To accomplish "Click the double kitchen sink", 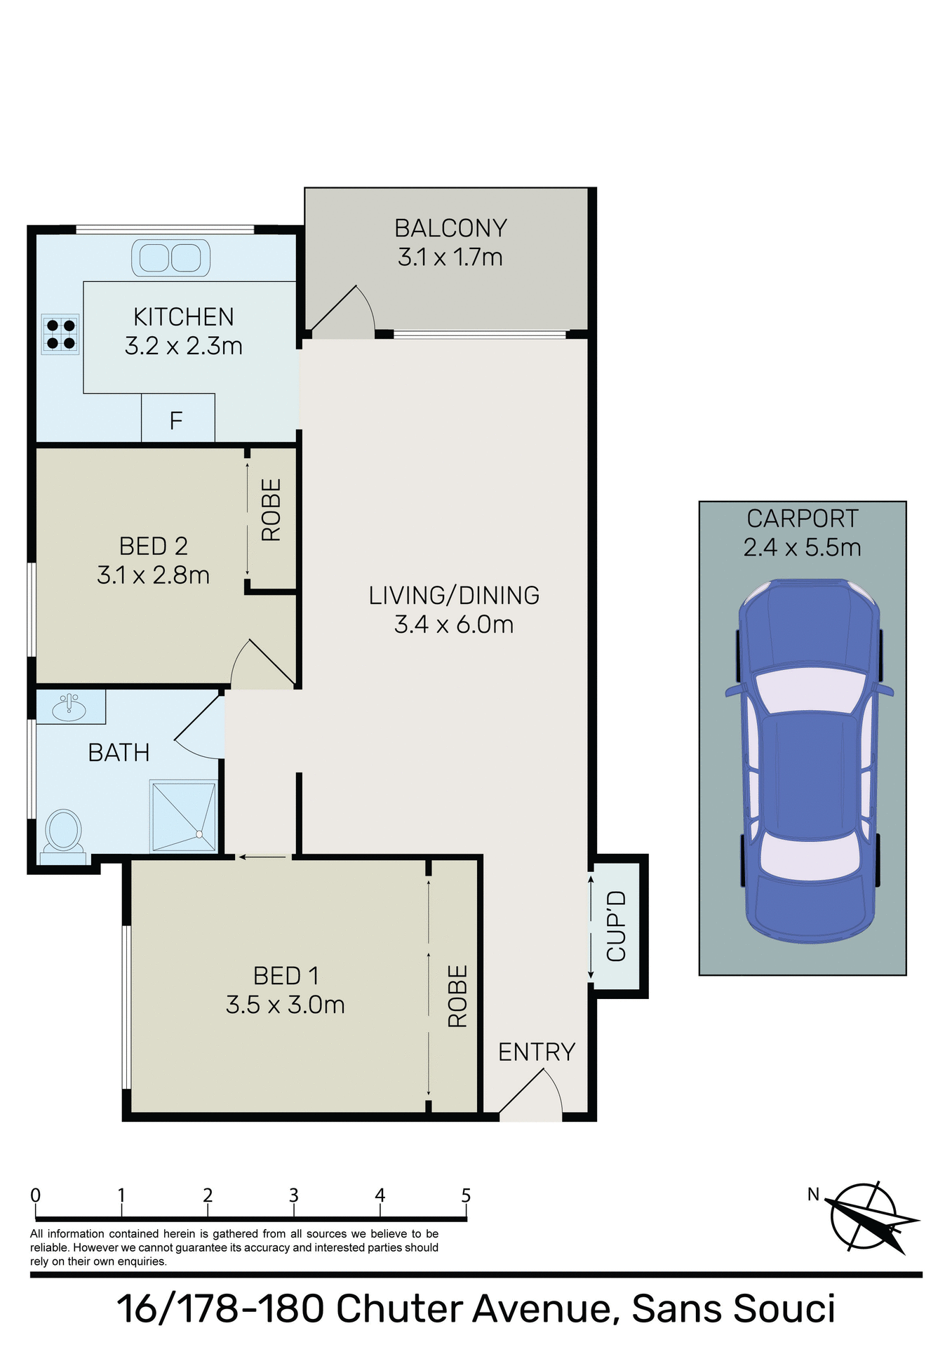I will (x=171, y=257).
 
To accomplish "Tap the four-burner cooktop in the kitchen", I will (x=60, y=334).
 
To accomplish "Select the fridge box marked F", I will (x=177, y=419).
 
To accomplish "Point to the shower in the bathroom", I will (x=183, y=815).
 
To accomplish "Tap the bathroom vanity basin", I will (x=69, y=706).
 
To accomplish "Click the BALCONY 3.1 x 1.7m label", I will (x=450, y=243).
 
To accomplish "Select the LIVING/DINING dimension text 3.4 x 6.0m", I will (x=454, y=624).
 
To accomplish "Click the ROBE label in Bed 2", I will (x=271, y=510).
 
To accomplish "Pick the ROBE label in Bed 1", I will (x=457, y=996).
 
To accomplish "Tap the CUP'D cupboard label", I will (x=616, y=925).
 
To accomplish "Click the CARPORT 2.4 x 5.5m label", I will (x=802, y=532).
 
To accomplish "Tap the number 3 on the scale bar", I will (x=294, y=1195).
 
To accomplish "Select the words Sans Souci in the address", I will (x=733, y=1308).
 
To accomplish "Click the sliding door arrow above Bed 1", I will (x=262, y=857).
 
